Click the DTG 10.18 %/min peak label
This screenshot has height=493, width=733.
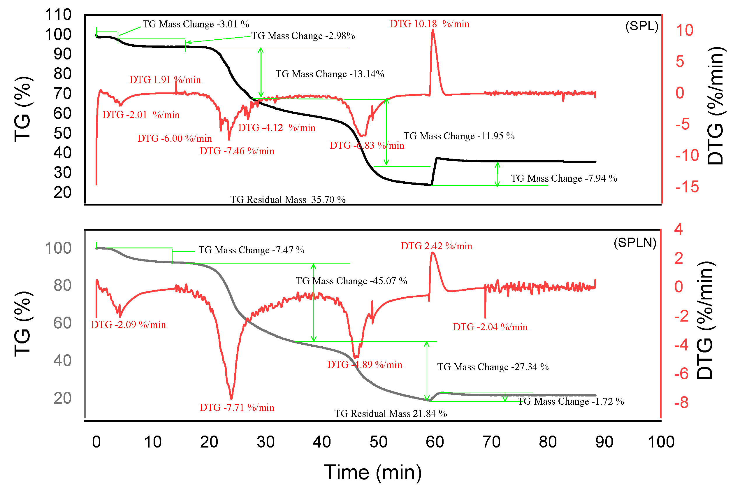click(x=429, y=24)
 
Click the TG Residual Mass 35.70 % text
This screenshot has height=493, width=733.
click(x=288, y=200)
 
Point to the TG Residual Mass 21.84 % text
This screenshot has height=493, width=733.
click(x=390, y=413)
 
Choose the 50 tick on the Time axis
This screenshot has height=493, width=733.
click(x=378, y=442)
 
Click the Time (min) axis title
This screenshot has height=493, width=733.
click(x=373, y=472)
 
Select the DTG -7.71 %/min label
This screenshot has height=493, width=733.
click(x=237, y=408)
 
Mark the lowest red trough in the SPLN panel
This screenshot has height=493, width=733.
click(x=231, y=398)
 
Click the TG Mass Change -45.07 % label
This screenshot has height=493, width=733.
click(x=351, y=281)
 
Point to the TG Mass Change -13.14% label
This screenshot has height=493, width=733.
click(x=330, y=74)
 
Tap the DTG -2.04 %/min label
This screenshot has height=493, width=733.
click(x=490, y=327)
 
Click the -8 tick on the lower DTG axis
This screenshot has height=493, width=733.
click(x=681, y=403)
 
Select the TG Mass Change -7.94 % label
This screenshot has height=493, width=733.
click(x=564, y=178)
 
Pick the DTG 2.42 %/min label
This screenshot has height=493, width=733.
click(x=436, y=246)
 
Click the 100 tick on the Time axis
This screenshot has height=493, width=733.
click(x=661, y=442)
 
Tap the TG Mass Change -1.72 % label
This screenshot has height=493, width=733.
click(x=570, y=401)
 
